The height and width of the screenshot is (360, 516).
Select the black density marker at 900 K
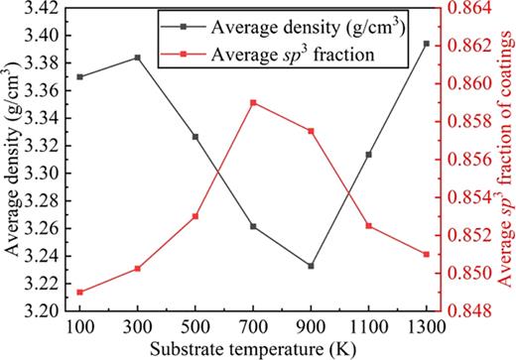311,266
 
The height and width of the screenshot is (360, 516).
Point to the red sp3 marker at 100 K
79,292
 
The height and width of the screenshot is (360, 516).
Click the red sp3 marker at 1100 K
369,226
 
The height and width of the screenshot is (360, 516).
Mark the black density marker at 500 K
195,137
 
